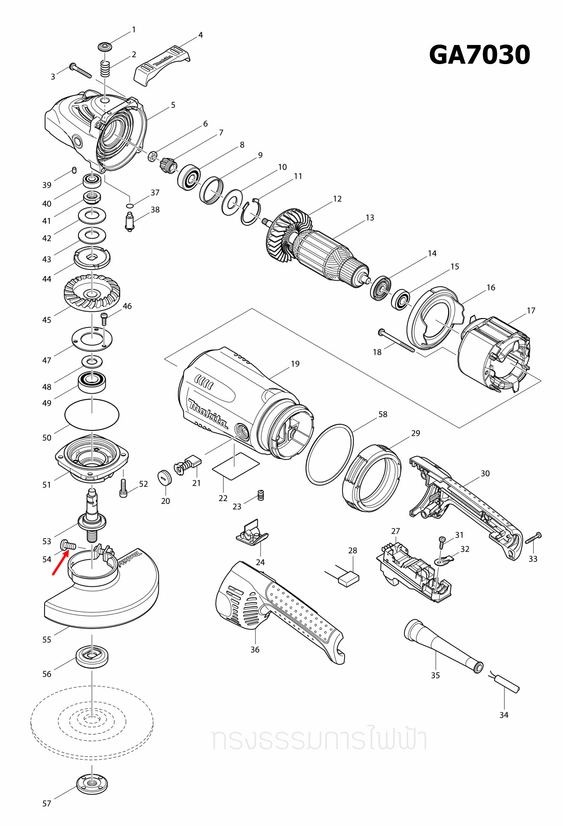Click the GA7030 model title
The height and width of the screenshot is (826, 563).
pyautogui.click(x=479, y=55)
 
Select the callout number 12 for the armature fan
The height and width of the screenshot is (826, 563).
pyautogui.click(x=337, y=199)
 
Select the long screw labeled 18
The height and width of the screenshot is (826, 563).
pyautogui.click(x=396, y=341)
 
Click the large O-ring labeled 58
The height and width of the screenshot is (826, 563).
pyautogui.click(x=329, y=454)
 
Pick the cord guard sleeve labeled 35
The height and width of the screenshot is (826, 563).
pyautogui.click(x=442, y=645)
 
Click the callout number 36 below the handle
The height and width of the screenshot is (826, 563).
pyautogui.click(x=255, y=650)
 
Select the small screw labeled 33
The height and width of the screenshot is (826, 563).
pyautogui.click(x=534, y=539)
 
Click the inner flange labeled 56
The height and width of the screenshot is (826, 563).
pyautogui.click(x=92, y=656)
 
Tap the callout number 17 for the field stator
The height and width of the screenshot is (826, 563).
pyautogui.click(x=531, y=311)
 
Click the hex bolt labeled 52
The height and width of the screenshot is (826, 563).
pyautogui.click(x=123, y=488)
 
